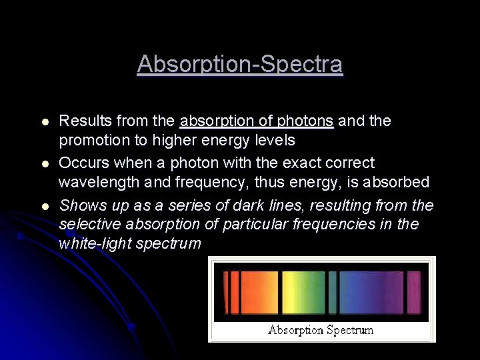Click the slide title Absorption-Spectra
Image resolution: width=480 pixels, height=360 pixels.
pos(240,65)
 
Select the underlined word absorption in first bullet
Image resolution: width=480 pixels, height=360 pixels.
pos(213,121)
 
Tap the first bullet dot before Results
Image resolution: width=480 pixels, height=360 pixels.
pos(44,122)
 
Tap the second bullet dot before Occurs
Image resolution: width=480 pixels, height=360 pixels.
pos(44,164)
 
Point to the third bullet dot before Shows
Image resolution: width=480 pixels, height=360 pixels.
pos(44,206)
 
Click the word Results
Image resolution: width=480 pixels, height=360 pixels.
pos(85,121)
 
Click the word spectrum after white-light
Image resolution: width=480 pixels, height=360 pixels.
pos(169,244)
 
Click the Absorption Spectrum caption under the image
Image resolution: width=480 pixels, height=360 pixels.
pos(321,330)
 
